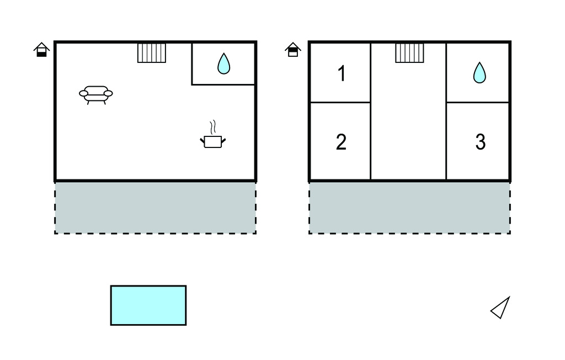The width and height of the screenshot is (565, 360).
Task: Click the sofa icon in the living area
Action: coord(96,94)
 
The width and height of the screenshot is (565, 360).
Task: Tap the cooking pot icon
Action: coord(212,141)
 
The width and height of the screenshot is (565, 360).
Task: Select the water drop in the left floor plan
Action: coord(223,63)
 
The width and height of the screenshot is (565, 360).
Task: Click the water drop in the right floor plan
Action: coord(479,72)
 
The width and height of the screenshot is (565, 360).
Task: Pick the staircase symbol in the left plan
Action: coord(152,53)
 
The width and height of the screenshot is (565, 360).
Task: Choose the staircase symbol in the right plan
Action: coord(409,53)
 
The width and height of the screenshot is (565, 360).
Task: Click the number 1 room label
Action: coord(342,73)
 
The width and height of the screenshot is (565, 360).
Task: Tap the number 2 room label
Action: coord(341,142)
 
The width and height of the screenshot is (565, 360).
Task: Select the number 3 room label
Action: coord(480,142)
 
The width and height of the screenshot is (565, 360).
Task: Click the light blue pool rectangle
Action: coord(148,305)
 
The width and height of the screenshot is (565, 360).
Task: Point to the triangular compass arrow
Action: coord(501,308)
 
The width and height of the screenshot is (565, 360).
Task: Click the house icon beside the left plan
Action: coord(42,50)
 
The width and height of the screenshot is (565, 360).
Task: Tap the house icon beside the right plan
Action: coord(293,50)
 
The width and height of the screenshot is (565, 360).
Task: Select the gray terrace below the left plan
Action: coord(155,208)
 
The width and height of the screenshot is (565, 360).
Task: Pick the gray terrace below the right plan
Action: coord(409,208)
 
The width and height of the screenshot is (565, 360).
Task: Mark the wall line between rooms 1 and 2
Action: coord(340,102)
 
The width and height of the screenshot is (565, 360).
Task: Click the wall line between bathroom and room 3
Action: coord(478,102)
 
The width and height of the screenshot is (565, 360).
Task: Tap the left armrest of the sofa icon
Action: coord(83,94)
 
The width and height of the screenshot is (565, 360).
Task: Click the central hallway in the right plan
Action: coord(408,127)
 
